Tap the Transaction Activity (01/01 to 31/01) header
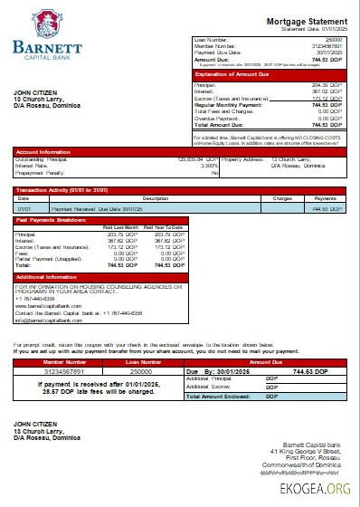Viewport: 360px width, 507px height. click(63, 190)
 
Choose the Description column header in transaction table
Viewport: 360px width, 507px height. click(156, 197)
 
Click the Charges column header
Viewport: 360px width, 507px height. click(282, 197)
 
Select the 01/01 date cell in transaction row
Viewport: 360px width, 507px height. click(24, 208)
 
